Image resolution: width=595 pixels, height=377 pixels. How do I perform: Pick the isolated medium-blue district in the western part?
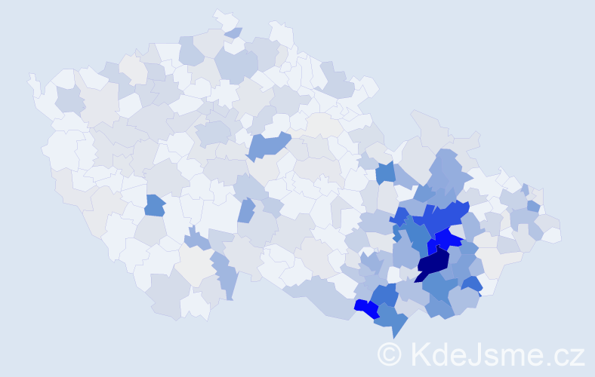point(155,205)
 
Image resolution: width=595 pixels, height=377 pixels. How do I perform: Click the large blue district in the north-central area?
point(268,144)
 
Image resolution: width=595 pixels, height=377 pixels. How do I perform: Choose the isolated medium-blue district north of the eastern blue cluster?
point(386,173)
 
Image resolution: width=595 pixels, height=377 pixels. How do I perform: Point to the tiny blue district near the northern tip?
point(233,32)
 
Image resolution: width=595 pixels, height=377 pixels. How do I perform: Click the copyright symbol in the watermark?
point(390,354)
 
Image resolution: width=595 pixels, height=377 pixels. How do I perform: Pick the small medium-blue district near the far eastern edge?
point(533,206)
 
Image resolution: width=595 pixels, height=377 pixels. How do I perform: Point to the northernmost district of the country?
point(223,16)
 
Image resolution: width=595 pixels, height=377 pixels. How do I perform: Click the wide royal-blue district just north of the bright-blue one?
point(442,219)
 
